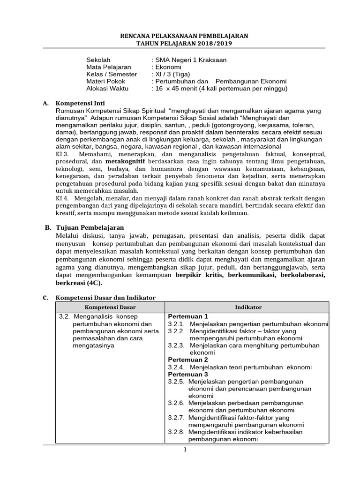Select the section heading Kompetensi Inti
coord(81,103)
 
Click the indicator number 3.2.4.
coord(176,367)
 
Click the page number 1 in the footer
coord(185,450)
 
